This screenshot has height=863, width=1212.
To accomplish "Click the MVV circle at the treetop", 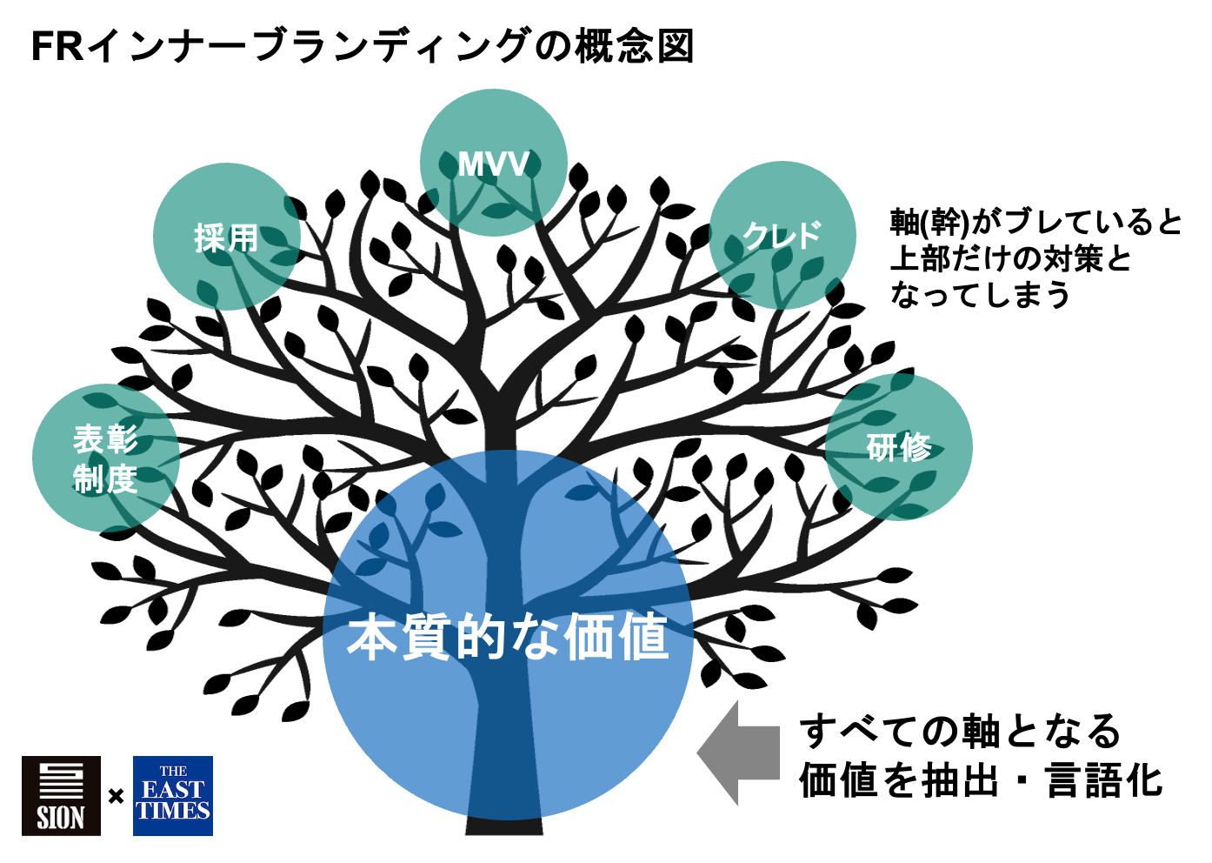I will [493, 163].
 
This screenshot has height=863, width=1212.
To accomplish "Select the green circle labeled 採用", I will [226, 237].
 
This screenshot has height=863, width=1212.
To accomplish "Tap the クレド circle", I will [782, 235].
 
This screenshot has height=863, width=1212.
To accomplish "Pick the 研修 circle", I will [898, 447].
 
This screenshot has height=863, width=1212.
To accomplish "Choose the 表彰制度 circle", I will [105, 458].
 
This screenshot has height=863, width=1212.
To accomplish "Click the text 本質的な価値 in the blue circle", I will [508, 638].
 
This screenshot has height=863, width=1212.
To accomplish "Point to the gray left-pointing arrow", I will [738, 753].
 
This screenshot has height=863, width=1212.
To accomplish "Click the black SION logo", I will [61, 796].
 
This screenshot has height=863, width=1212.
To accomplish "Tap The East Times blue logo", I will [173, 796].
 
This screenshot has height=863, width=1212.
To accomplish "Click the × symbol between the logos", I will [117, 796].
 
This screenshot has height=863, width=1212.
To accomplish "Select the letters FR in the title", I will [57, 46].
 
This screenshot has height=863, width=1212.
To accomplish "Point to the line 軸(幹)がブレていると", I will [1036, 222].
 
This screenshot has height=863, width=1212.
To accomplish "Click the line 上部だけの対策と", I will [1010, 258].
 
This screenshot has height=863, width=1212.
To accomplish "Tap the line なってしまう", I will [980, 295].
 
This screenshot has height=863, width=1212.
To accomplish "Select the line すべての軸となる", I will [960, 731].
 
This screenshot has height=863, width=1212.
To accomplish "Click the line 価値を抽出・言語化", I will [981, 780].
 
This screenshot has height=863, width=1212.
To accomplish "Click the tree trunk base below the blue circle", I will [504, 826].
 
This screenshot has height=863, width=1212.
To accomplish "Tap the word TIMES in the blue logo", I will [173, 812].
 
